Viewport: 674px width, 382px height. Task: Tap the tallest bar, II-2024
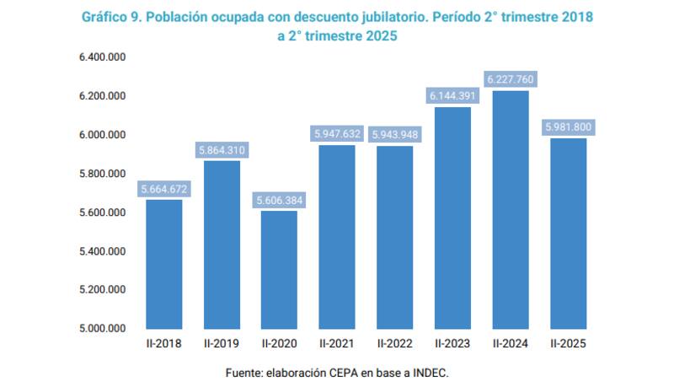point(511,210)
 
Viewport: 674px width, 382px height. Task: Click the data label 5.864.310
point(222,150)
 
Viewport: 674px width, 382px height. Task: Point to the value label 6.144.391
point(452,96)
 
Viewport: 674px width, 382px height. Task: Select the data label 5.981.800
point(568,128)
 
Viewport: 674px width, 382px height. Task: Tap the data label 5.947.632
point(337,134)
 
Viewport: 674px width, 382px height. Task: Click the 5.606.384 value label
point(279,201)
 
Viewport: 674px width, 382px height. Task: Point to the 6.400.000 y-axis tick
point(102,57)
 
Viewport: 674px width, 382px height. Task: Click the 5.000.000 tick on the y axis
point(102,329)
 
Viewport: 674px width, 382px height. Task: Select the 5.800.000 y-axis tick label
point(102,174)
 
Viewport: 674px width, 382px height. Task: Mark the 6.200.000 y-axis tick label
point(102,96)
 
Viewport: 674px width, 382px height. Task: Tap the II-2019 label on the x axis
point(222,344)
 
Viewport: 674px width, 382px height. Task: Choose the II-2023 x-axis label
point(452,344)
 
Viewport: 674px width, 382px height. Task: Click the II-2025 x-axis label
point(568,344)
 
